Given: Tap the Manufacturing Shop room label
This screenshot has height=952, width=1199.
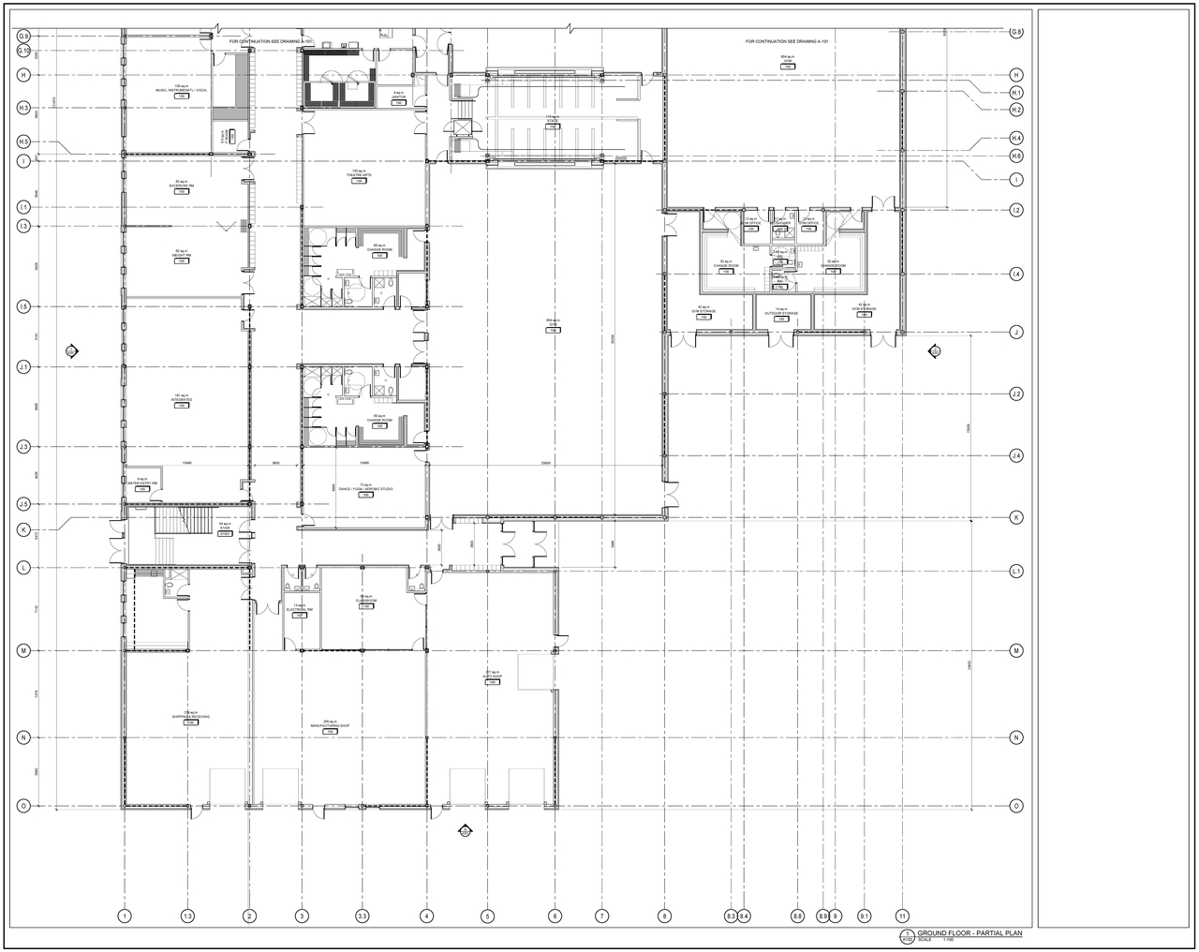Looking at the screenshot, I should [x=330, y=723].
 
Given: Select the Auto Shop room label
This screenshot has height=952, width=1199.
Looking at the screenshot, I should [x=492, y=676].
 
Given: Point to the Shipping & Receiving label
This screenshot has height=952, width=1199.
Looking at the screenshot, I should [x=190, y=717].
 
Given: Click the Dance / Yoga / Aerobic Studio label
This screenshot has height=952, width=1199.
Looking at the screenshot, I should [x=365, y=488].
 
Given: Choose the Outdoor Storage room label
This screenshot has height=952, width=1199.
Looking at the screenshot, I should [x=781, y=313].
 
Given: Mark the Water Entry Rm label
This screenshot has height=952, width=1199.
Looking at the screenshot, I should [x=142, y=483].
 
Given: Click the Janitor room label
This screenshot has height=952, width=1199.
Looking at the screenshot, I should [x=398, y=95].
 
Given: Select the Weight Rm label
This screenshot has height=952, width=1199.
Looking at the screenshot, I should [x=182, y=254].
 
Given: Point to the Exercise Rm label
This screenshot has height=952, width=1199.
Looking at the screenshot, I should [x=182, y=186].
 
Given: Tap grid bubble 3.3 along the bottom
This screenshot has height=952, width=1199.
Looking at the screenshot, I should [x=363, y=915].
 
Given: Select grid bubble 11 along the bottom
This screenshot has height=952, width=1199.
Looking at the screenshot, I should [x=902, y=915].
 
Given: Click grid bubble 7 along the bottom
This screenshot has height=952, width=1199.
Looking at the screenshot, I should [x=602, y=915].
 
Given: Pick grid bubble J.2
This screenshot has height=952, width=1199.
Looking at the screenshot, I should [x=1016, y=394].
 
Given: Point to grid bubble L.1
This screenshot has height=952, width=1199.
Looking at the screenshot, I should [x=1016, y=571].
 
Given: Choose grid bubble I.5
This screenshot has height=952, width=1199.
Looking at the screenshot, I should [x=23, y=306].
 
